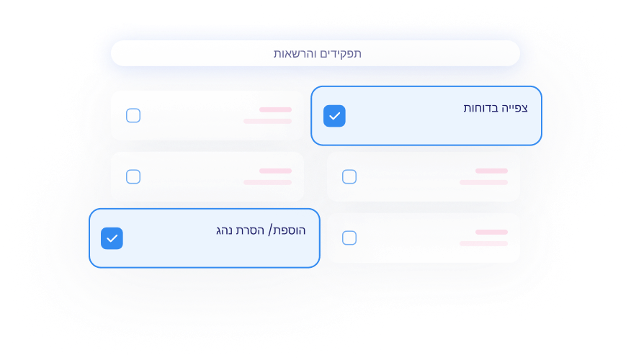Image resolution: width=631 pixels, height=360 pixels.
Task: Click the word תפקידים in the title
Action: pyautogui.click(x=339, y=54)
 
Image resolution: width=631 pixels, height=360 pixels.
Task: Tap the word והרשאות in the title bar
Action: pyautogui.click(x=294, y=53)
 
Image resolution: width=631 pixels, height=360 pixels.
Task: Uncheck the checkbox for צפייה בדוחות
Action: pyautogui.click(x=334, y=116)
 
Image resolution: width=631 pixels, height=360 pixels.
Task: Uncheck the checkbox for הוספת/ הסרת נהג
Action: pyautogui.click(x=112, y=238)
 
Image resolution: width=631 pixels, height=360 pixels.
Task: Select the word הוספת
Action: pyautogui.click(x=290, y=230)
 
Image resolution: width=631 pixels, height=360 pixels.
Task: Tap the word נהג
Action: pyautogui.click(x=224, y=231)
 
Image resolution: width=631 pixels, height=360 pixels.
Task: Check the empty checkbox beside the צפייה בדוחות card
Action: pyautogui.click(x=133, y=115)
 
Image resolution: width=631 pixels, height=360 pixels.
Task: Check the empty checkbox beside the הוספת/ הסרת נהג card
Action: pyautogui.click(x=349, y=238)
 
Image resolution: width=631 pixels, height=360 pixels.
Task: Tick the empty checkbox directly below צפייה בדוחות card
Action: pyautogui.click(x=349, y=176)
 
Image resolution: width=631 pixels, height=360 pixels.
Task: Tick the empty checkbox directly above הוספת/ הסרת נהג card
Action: pyautogui.click(x=133, y=176)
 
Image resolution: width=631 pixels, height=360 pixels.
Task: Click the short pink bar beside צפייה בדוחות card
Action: pyautogui.click(x=275, y=109)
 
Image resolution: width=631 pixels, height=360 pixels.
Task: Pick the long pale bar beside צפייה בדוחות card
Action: pyautogui.click(x=267, y=121)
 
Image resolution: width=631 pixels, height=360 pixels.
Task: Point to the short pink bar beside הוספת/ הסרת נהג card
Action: pyautogui.click(x=491, y=232)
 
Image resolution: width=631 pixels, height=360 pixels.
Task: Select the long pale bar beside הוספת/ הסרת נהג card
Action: pyautogui.click(x=483, y=243)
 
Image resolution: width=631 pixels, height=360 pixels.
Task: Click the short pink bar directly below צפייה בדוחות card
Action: pyautogui.click(x=491, y=171)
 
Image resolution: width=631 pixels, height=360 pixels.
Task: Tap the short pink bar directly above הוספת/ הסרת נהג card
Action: pyautogui.click(x=275, y=171)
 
